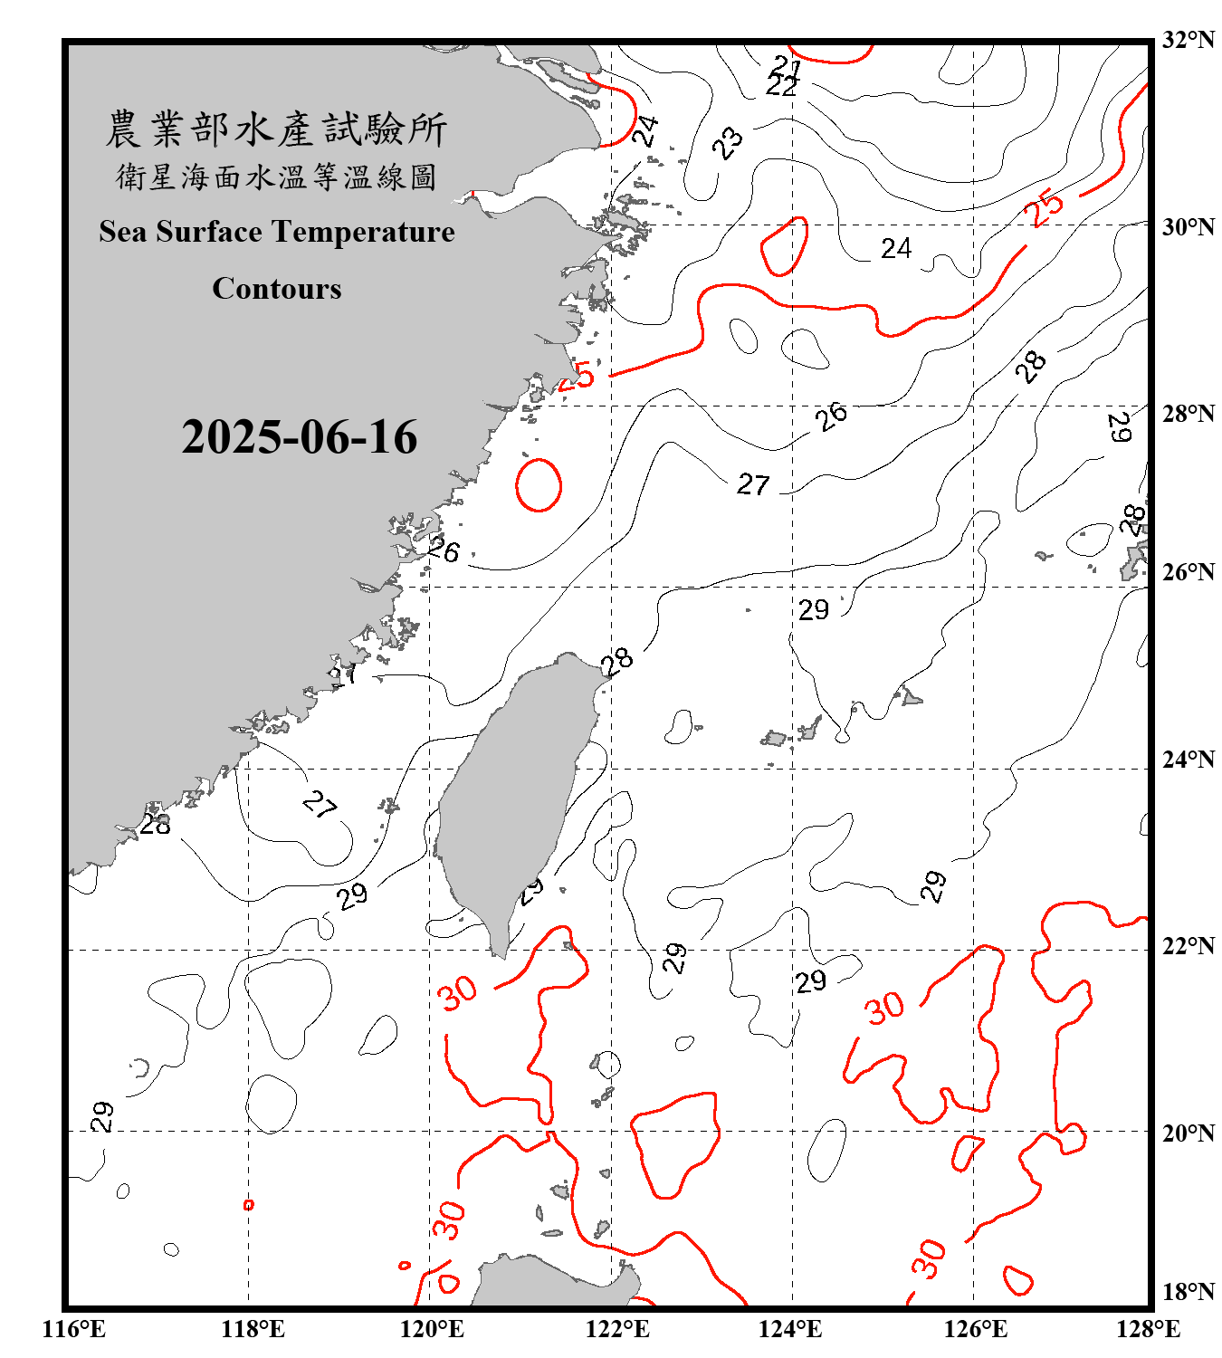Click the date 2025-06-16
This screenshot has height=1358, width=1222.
tap(299, 437)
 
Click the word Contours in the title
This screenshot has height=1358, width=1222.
tap(277, 289)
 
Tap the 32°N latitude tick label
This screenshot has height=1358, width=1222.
tap(1188, 40)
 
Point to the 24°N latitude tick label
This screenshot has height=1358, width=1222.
tap(1188, 759)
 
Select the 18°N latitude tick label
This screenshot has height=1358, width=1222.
tap(1188, 1291)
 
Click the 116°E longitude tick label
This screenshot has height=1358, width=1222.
tap(74, 1329)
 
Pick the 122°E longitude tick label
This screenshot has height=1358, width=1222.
tap(617, 1329)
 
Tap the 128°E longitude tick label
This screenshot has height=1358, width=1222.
tap(1148, 1329)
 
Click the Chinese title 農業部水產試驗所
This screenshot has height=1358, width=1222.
tap(276, 129)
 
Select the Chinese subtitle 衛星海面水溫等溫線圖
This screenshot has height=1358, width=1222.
tap(276, 177)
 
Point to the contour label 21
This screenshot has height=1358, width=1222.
tap(787, 66)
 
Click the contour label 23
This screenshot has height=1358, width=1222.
tap(727, 142)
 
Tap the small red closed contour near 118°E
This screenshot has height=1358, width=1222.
tap(249, 1205)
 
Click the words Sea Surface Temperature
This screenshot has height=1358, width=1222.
tap(277, 232)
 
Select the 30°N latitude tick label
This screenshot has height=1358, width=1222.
tap(1188, 226)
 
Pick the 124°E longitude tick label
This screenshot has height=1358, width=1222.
tap(790, 1329)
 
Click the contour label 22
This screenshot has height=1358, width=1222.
tap(781, 86)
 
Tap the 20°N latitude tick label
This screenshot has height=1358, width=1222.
tap(1188, 1133)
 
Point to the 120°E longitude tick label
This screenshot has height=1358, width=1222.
tap(432, 1329)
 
